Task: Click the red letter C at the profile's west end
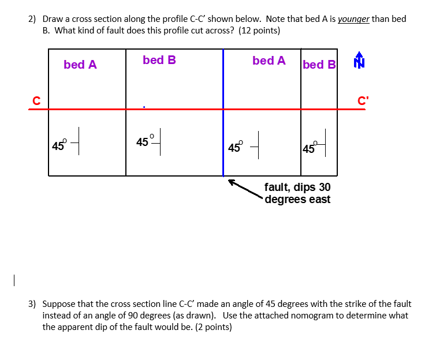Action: (x=36, y=100)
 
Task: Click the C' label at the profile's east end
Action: (x=363, y=100)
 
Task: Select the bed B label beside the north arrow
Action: (x=319, y=65)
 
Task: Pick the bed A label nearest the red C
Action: (x=80, y=65)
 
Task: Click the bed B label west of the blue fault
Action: (x=159, y=60)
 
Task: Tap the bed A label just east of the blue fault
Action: (x=269, y=61)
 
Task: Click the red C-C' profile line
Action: (x=173, y=109)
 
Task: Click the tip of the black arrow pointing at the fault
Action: (x=229, y=181)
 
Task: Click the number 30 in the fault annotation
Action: (x=325, y=187)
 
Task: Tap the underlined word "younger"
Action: (x=353, y=19)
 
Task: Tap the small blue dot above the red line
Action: (x=144, y=106)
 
